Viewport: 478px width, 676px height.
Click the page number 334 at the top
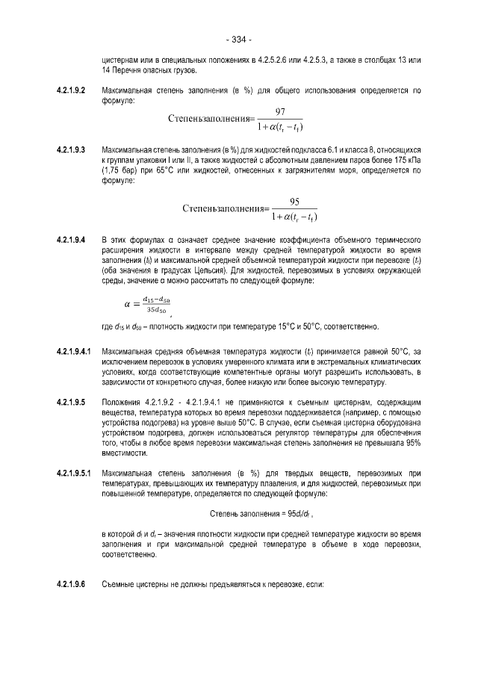click(x=238, y=39)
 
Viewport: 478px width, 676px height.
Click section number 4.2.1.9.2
click(x=72, y=90)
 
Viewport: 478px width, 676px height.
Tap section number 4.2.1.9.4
click(x=72, y=240)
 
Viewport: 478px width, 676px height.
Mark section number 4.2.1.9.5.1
click(x=74, y=473)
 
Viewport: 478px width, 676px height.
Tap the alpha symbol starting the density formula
click(x=126, y=305)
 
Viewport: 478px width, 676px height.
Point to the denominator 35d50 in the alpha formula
click(x=158, y=309)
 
